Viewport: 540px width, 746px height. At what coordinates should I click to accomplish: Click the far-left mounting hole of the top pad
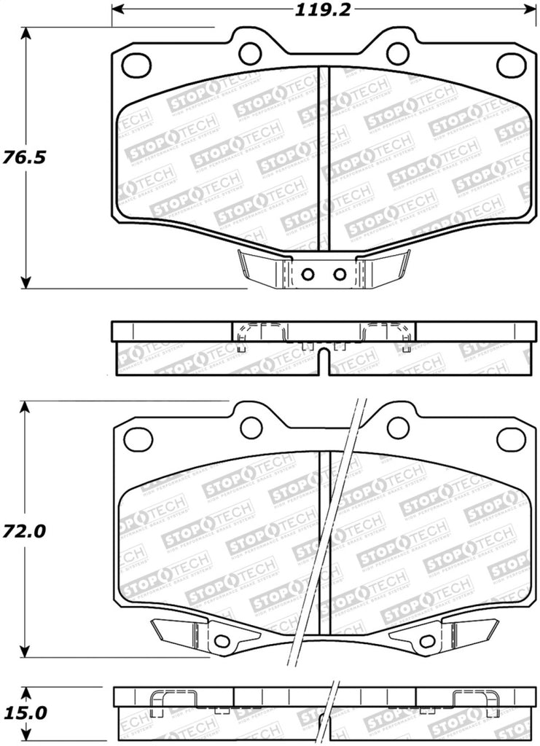tap(136, 65)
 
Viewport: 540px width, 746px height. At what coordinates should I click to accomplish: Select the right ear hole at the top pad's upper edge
tap(397, 52)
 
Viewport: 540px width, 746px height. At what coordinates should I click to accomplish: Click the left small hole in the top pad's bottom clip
tap(307, 275)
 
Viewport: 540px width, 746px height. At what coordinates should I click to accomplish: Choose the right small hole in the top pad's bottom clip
tap(340, 275)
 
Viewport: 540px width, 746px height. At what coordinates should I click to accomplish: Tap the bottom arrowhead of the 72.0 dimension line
tap(27, 653)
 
